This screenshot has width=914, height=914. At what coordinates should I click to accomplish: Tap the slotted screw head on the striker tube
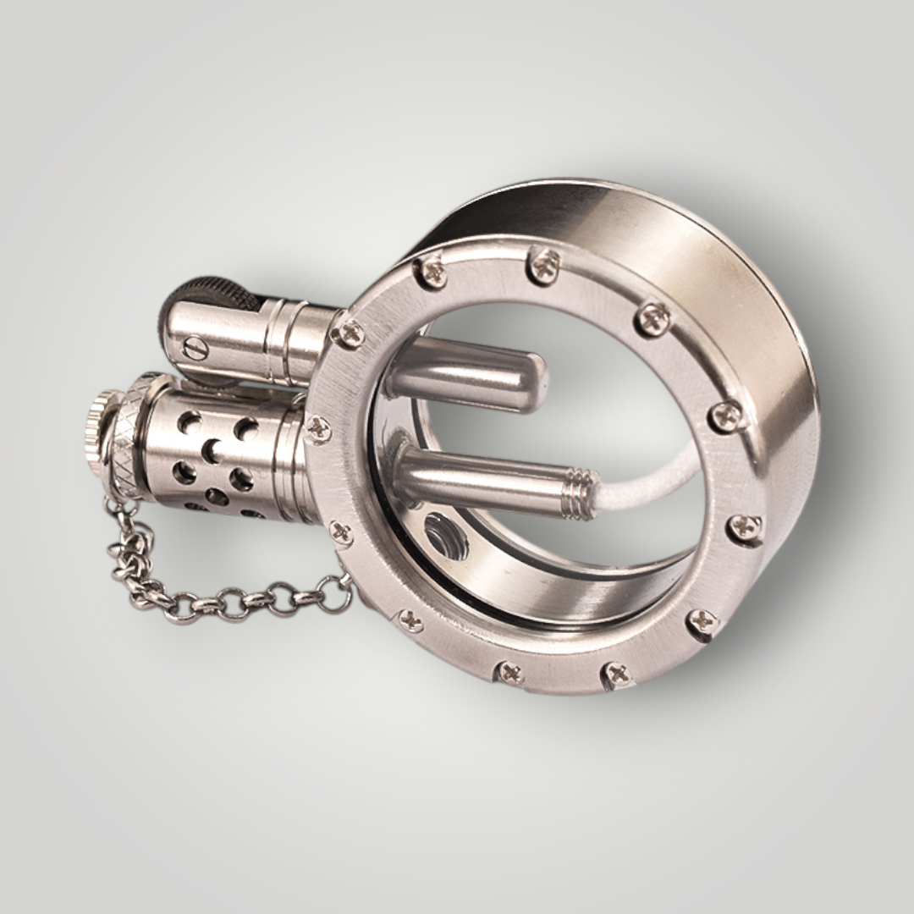tap(194, 347)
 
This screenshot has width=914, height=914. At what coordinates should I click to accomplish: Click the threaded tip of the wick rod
tap(581, 493)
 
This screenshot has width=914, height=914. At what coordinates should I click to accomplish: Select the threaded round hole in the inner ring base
tap(445, 537)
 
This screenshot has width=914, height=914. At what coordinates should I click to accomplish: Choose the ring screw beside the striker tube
tap(348, 333)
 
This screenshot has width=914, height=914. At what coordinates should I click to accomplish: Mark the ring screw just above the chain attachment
tap(341, 532)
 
